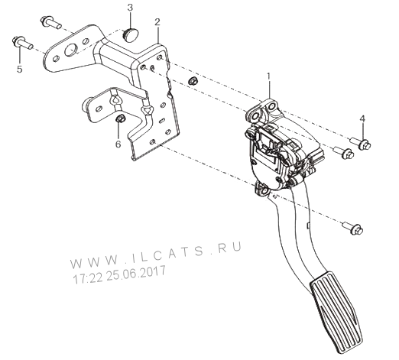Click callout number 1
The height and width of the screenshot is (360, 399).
(268, 76)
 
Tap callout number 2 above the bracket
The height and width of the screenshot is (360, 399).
(157, 22)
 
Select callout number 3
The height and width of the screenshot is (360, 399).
(130, 8)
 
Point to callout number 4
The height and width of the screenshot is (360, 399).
(362, 118)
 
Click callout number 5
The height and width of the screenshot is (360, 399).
(20, 69)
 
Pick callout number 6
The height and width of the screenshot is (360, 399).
(118, 144)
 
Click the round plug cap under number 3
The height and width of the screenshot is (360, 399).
(130, 34)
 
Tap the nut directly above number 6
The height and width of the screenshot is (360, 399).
(119, 118)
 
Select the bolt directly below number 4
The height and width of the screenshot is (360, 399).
(361, 143)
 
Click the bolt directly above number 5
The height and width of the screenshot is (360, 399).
(22, 43)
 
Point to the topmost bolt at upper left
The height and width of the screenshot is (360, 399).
(50, 22)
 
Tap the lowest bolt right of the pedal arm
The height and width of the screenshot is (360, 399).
(352, 228)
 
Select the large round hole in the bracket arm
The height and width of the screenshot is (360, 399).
(71, 50)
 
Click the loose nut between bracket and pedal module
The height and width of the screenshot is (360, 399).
(192, 81)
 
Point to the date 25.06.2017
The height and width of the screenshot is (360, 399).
(136, 273)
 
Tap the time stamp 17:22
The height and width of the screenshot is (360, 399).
(88, 278)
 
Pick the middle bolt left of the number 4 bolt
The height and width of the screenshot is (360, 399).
(344, 152)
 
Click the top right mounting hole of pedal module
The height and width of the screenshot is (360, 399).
(271, 106)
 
